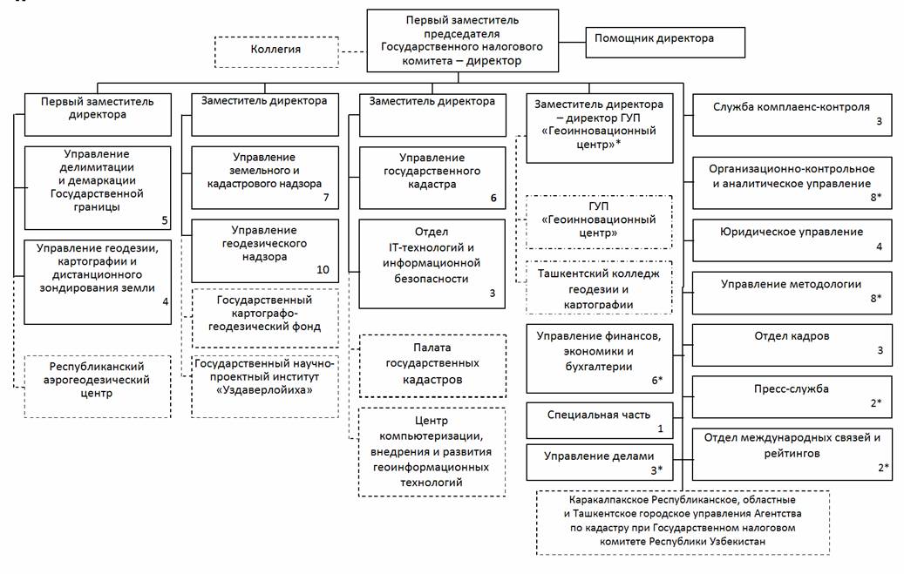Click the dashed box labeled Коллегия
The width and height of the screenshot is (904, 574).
click(x=276, y=52)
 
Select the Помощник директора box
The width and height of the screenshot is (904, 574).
click(x=665, y=42)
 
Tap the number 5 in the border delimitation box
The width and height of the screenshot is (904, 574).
click(x=164, y=220)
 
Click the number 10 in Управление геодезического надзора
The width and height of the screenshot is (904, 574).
click(x=323, y=270)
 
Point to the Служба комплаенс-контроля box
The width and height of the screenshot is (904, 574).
click(x=792, y=115)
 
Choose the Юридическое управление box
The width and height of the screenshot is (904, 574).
click(x=792, y=240)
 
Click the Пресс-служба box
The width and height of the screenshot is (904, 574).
click(x=792, y=397)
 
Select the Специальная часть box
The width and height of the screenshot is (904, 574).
click(x=600, y=421)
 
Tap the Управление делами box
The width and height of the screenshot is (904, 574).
click(x=600, y=463)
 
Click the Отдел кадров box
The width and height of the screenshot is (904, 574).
click(x=792, y=345)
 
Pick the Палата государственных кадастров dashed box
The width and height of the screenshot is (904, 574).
click(x=432, y=366)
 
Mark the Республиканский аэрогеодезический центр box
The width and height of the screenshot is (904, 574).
click(x=98, y=387)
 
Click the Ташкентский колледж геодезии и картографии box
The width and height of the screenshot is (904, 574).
click(x=599, y=287)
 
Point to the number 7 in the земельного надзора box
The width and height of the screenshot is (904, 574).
click(x=326, y=198)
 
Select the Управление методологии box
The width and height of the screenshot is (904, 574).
click(x=792, y=293)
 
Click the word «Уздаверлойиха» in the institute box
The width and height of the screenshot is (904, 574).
click(x=265, y=390)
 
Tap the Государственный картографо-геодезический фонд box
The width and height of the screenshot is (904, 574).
click(x=265, y=318)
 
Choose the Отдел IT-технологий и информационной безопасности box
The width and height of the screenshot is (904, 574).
click(x=432, y=264)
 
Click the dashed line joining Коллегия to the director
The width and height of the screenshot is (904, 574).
click(x=353, y=52)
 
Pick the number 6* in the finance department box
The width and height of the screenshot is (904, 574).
click(x=656, y=381)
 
